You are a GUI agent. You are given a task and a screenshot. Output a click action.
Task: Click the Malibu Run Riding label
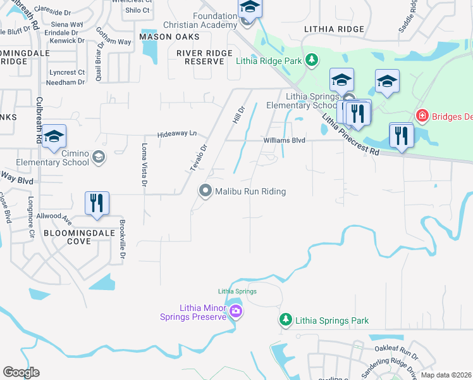tap(250, 191)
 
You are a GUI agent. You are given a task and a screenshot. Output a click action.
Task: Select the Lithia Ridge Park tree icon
tap(311, 60)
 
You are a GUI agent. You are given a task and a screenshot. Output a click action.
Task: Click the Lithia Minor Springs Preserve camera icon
tap(236, 311)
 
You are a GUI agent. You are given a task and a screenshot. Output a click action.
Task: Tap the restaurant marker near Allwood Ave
tap(97, 203)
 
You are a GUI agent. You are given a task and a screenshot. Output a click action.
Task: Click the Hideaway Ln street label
tap(177, 134)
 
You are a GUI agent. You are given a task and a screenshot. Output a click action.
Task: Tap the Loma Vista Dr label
tap(144, 165)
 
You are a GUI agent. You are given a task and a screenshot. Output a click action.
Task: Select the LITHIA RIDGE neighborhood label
tap(334, 29)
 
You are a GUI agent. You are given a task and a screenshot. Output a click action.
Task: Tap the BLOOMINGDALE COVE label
tap(80, 237)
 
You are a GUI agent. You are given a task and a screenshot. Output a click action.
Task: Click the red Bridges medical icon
tap(422, 116)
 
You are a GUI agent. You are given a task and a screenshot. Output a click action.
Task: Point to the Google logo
tap(21, 372)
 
